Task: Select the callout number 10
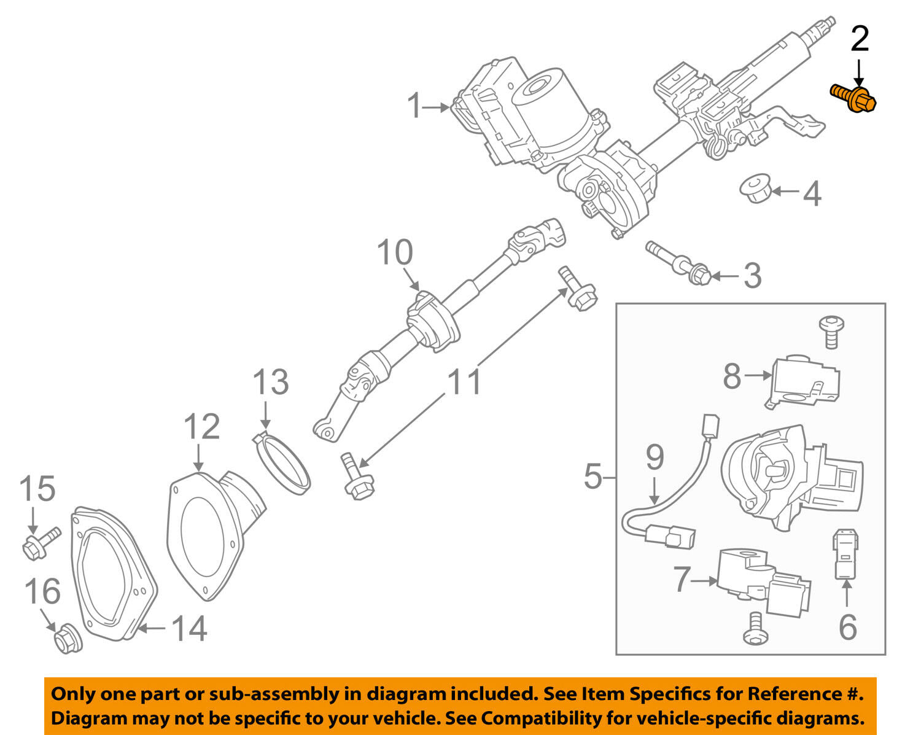[x=395, y=252]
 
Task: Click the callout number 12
[x=202, y=426]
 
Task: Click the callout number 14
[x=188, y=629]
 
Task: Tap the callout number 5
[x=593, y=476]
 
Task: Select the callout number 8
[x=732, y=376]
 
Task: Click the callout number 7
[x=682, y=579]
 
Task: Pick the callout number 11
[x=465, y=382]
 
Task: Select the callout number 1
[x=416, y=106]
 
